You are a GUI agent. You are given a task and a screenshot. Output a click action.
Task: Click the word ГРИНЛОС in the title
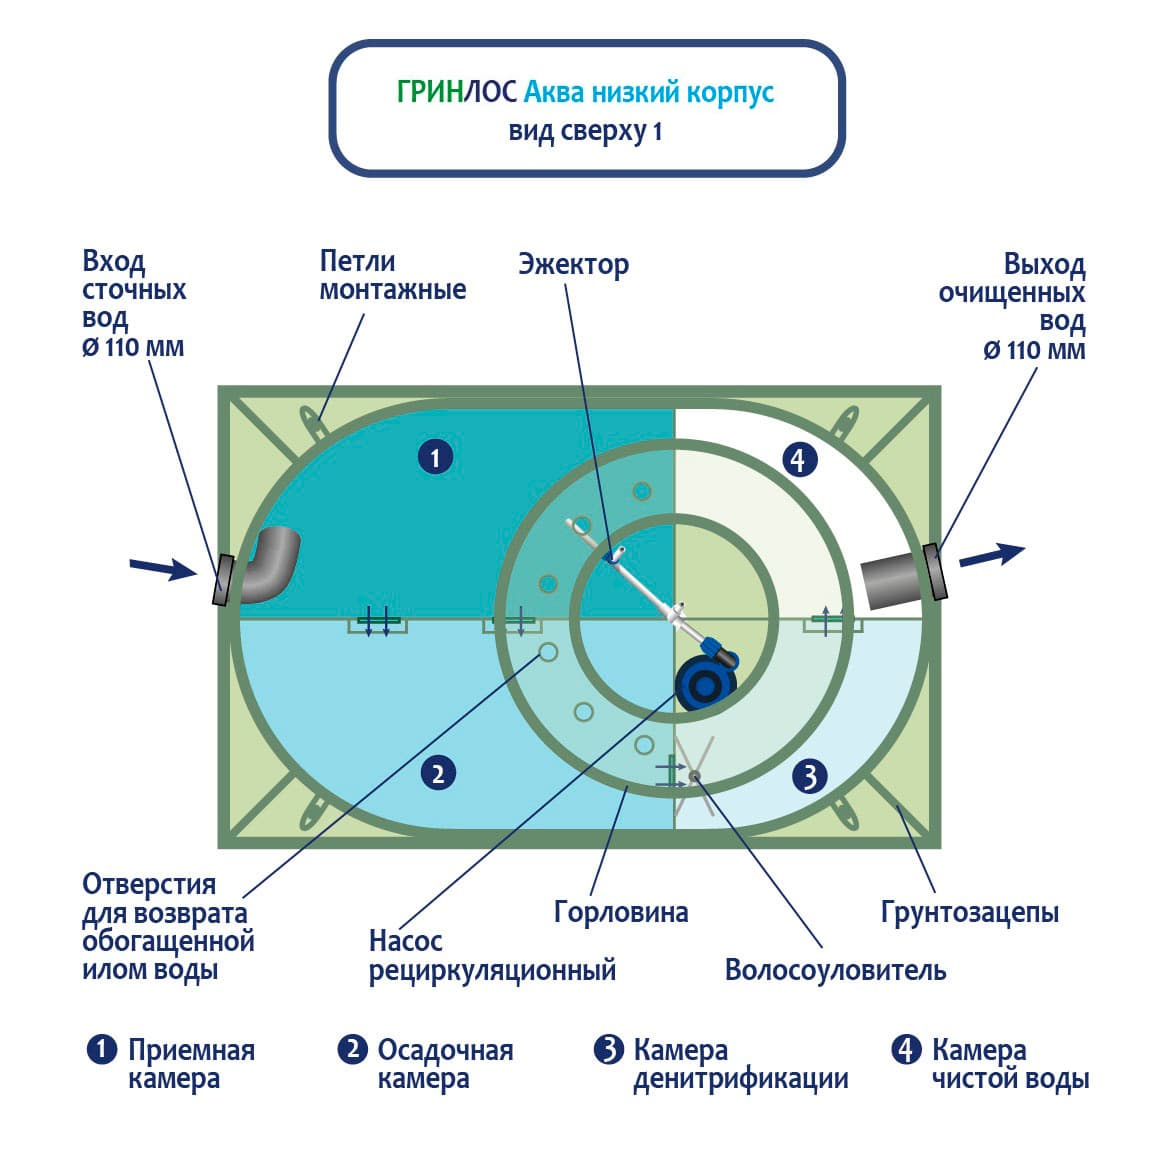[x=457, y=93]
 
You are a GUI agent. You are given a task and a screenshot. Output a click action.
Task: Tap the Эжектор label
[x=573, y=264]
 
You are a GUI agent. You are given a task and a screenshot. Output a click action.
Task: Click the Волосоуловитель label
[x=835, y=969]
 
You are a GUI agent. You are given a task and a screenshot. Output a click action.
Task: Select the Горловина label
[x=621, y=911]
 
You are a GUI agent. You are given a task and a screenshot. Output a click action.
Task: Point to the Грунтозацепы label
[x=969, y=911]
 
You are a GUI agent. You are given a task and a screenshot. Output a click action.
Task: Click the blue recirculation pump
[x=706, y=683]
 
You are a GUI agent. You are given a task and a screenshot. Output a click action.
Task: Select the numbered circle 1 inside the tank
[x=435, y=457]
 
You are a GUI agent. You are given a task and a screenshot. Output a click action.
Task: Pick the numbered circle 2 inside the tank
[x=438, y=772]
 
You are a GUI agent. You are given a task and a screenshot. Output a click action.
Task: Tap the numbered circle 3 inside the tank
[x=810, y=776]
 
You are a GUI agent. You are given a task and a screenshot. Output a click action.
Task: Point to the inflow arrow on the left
[x=163, y=569]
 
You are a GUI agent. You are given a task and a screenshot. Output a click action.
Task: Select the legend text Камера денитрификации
[x=740, y=1064]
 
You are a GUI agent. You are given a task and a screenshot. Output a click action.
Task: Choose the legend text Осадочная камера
[x=445, y=1064]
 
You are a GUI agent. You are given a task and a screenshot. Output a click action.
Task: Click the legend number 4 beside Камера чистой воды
[x=906, y=1050]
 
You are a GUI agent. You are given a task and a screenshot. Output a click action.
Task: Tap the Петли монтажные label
[x=392, y=275]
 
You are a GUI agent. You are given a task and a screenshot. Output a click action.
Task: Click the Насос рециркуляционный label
[x=491, y=955]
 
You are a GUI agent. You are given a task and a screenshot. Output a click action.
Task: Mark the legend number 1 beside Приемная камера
[x=102, y=1050]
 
